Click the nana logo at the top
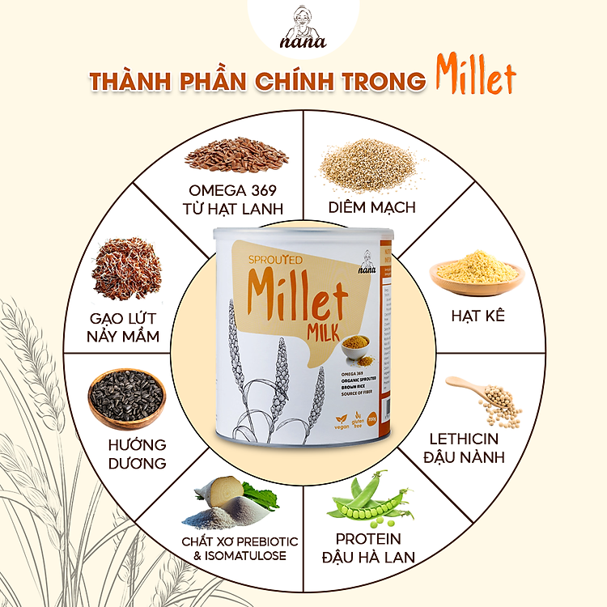coord(303,28)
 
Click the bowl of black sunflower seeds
coord(126,397)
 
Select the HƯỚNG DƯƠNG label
coord(137,454)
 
